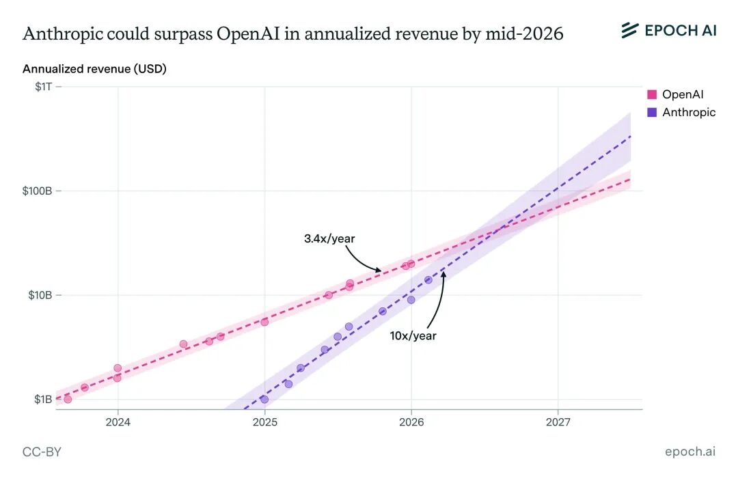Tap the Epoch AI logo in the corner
click(668, 30)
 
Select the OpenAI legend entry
click(682, 95)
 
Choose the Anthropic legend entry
click(688, 112)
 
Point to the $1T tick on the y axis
click(43, 87)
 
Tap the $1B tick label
click(42, 399)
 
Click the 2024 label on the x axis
click(118, 422)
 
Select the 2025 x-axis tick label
click(264, 422)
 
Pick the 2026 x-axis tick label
click(411, 422)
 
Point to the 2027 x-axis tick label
click(558, 422)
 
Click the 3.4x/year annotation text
click(329, 238)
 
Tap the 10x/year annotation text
click(413, 335)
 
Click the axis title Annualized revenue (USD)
click(94, 69)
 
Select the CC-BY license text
click(42, 452)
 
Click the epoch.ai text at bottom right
click(690, 452)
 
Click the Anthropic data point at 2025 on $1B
click(264, 399)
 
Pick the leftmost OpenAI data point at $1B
click(68, 399)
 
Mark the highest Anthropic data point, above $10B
click(428, 279)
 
